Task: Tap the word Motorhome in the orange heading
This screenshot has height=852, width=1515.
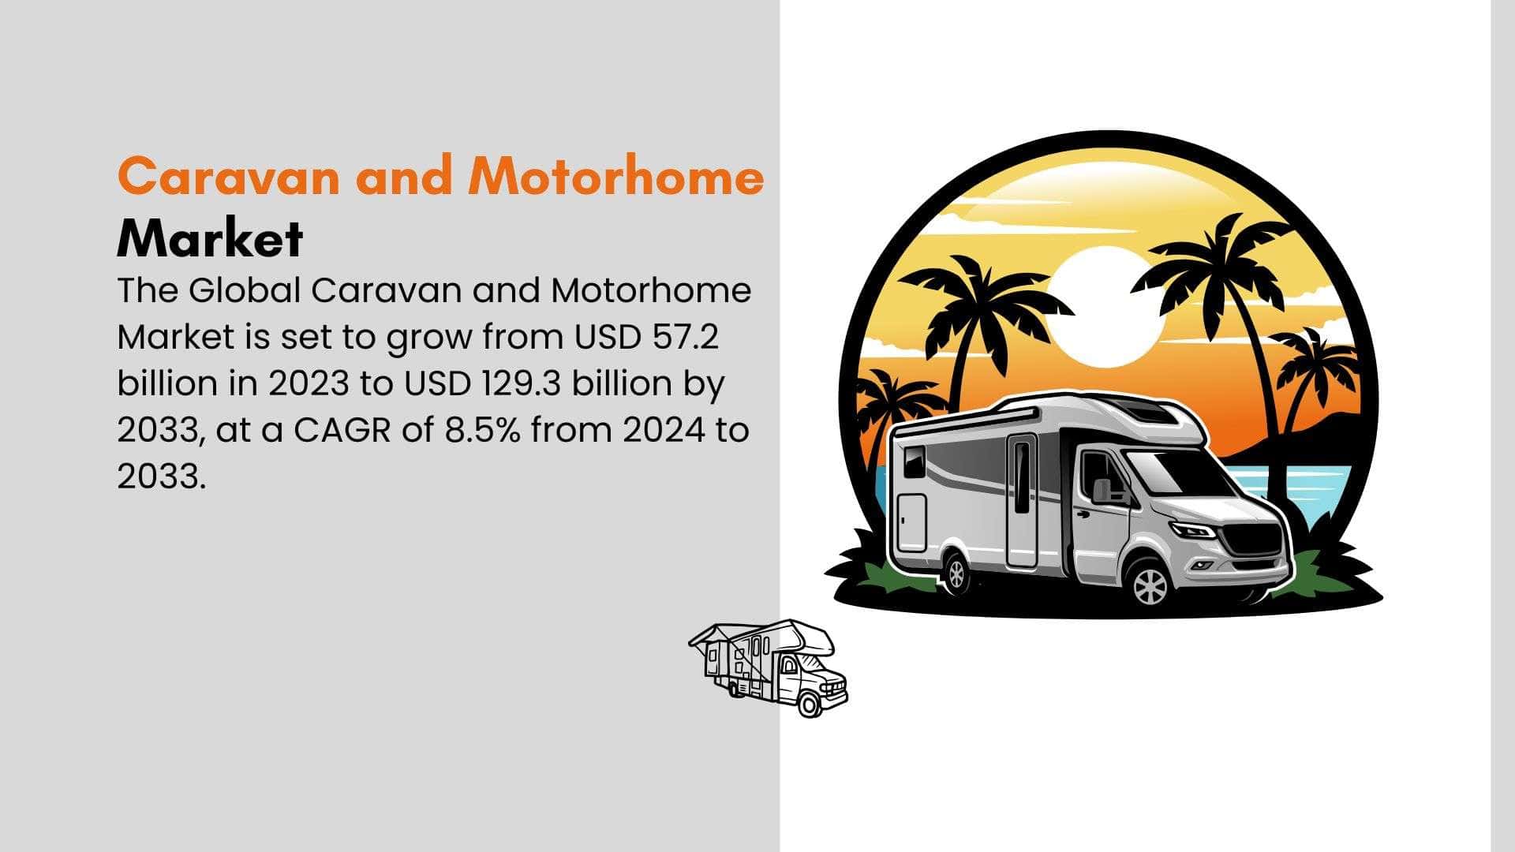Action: coord(615,176)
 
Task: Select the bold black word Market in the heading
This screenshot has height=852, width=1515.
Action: coord(210,238)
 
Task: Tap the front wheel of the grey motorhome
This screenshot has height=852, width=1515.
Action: coord(1150,585)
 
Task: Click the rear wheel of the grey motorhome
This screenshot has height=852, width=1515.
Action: coord(956,574)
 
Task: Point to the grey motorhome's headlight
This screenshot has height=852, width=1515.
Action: coord(1192,529)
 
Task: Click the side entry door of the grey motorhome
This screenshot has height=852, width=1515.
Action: coord(1022,500)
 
